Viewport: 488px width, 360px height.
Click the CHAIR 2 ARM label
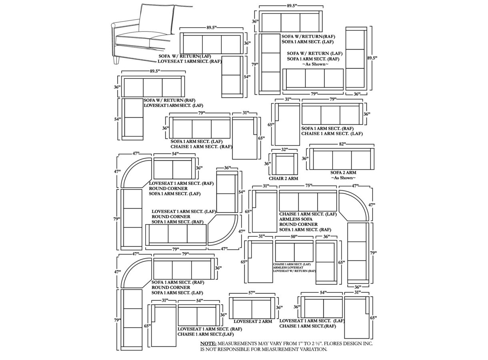click(283, 178)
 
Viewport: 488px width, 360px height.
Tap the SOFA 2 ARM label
click(343, 173)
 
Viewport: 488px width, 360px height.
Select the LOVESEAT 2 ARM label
click(253, 321)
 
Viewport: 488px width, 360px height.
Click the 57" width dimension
click(252, 293)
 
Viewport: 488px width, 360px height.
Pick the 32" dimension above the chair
click(284, 150)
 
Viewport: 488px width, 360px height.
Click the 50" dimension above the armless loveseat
click(294, 237)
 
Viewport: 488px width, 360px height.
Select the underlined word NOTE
click(208, 344)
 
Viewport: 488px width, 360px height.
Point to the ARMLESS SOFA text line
click(296, 219)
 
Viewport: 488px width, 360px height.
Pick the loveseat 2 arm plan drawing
click(252, 308)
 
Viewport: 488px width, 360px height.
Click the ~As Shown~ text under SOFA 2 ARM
click(343, 178)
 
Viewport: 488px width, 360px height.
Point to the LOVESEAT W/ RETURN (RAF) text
click(294, 271)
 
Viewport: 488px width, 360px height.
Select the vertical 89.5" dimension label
click(372, 58)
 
